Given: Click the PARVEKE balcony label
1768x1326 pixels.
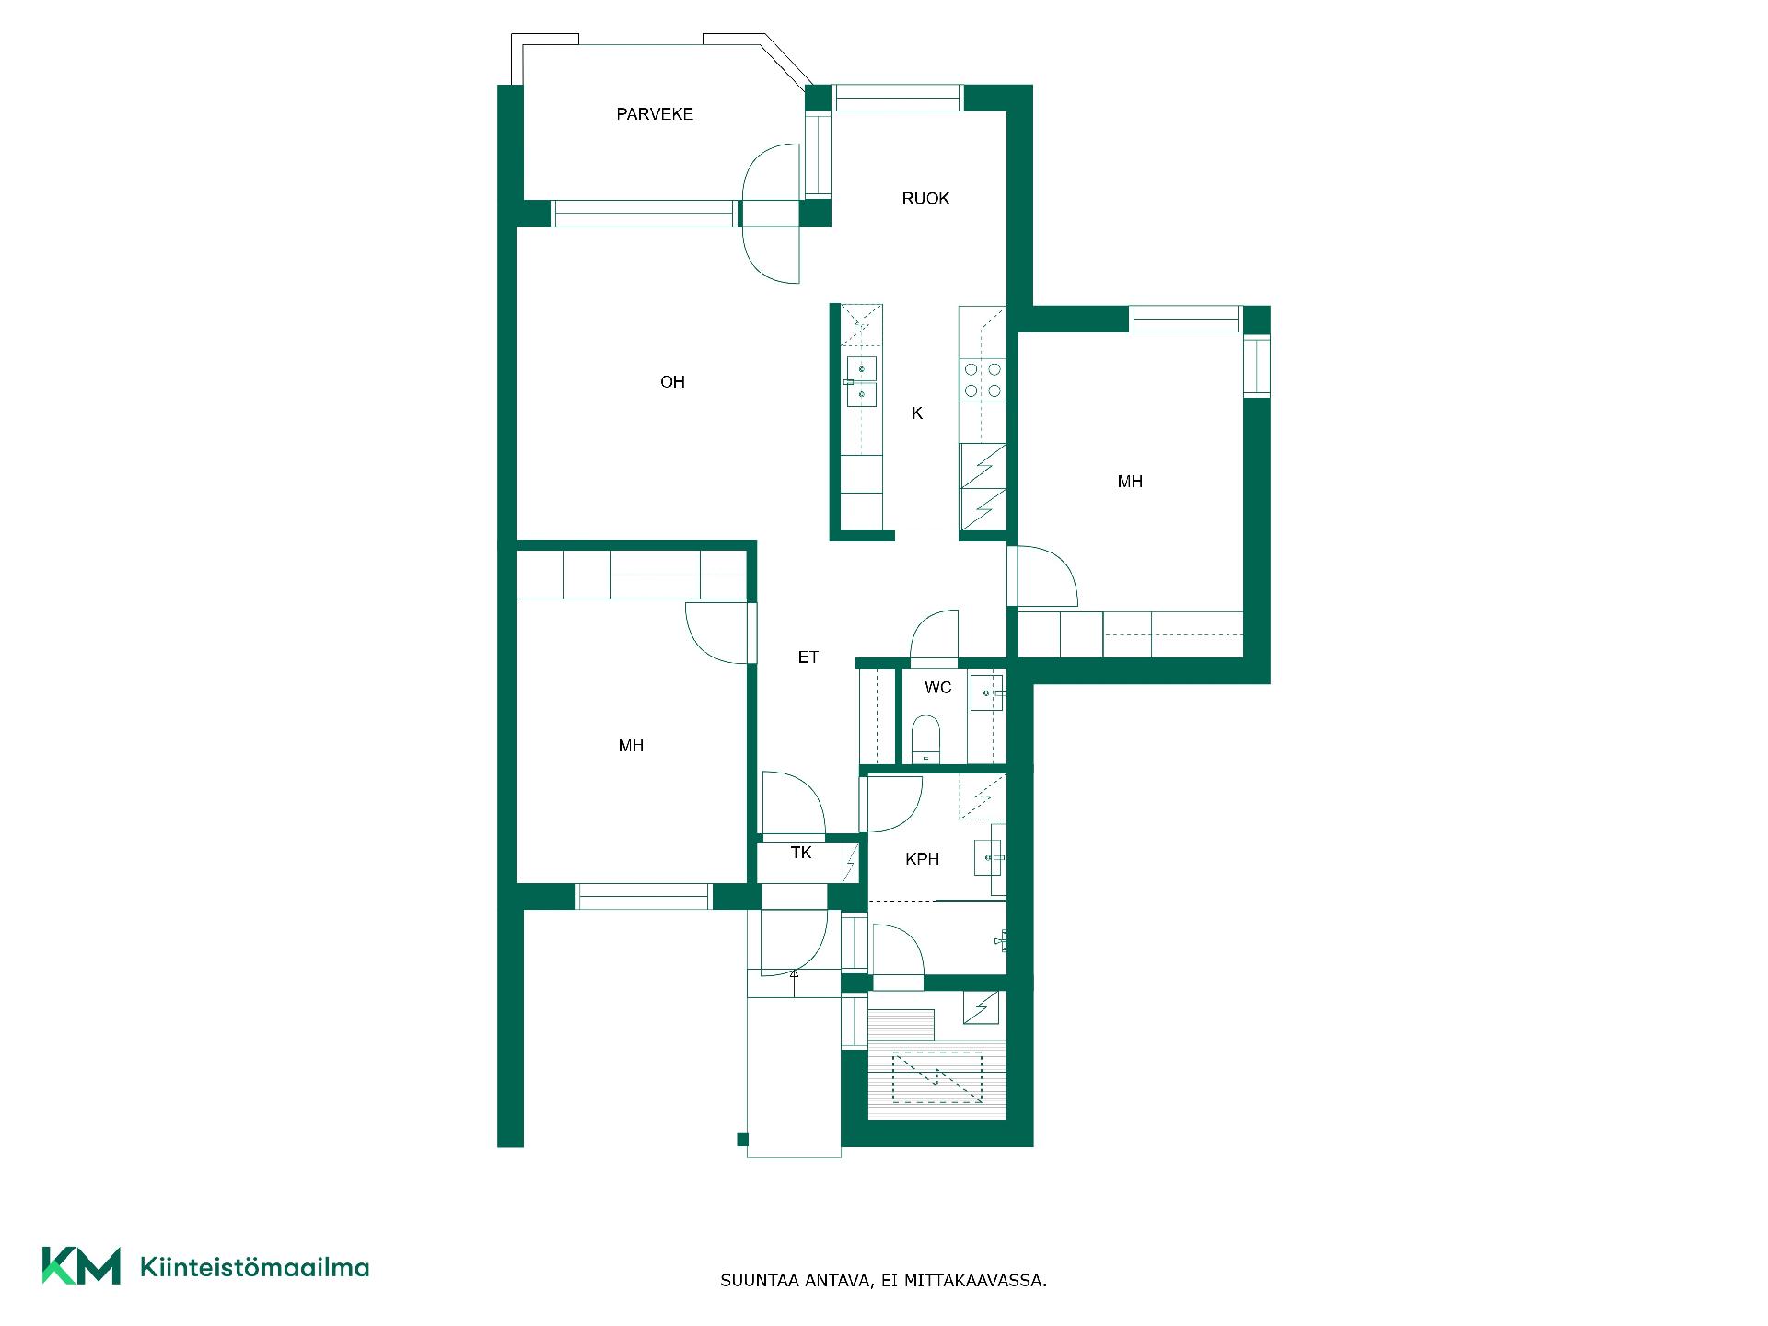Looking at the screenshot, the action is click(655, 114).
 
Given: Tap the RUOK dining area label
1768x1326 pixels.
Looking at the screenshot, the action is click(925, 199).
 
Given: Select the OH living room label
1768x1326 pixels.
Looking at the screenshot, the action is click(672, 382).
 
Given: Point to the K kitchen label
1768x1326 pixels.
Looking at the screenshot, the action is click(917, 413).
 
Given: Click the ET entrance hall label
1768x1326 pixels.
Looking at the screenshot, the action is click(808, 657).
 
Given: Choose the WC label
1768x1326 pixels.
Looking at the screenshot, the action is click(937, 688).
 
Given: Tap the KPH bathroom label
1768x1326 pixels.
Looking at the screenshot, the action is click(922, 859).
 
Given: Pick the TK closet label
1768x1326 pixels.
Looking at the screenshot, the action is click(801, 853).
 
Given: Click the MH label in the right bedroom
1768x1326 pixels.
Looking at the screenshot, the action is click(1130, 482).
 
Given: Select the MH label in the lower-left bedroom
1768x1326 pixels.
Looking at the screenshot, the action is click(631, 746).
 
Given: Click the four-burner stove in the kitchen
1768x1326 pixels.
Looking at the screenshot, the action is click(983, 379).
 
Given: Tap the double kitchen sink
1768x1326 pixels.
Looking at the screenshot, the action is click(862, 381).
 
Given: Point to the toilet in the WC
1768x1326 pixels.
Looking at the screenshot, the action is click(924, 741).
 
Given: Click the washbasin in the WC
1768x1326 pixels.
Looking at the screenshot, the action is click(987, 691).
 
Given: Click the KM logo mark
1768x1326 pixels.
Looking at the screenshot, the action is click(81, 1265).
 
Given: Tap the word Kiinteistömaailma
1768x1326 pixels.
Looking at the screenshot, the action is click(254, 1267).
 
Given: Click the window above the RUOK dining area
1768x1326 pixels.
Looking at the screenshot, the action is click(898, 98).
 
